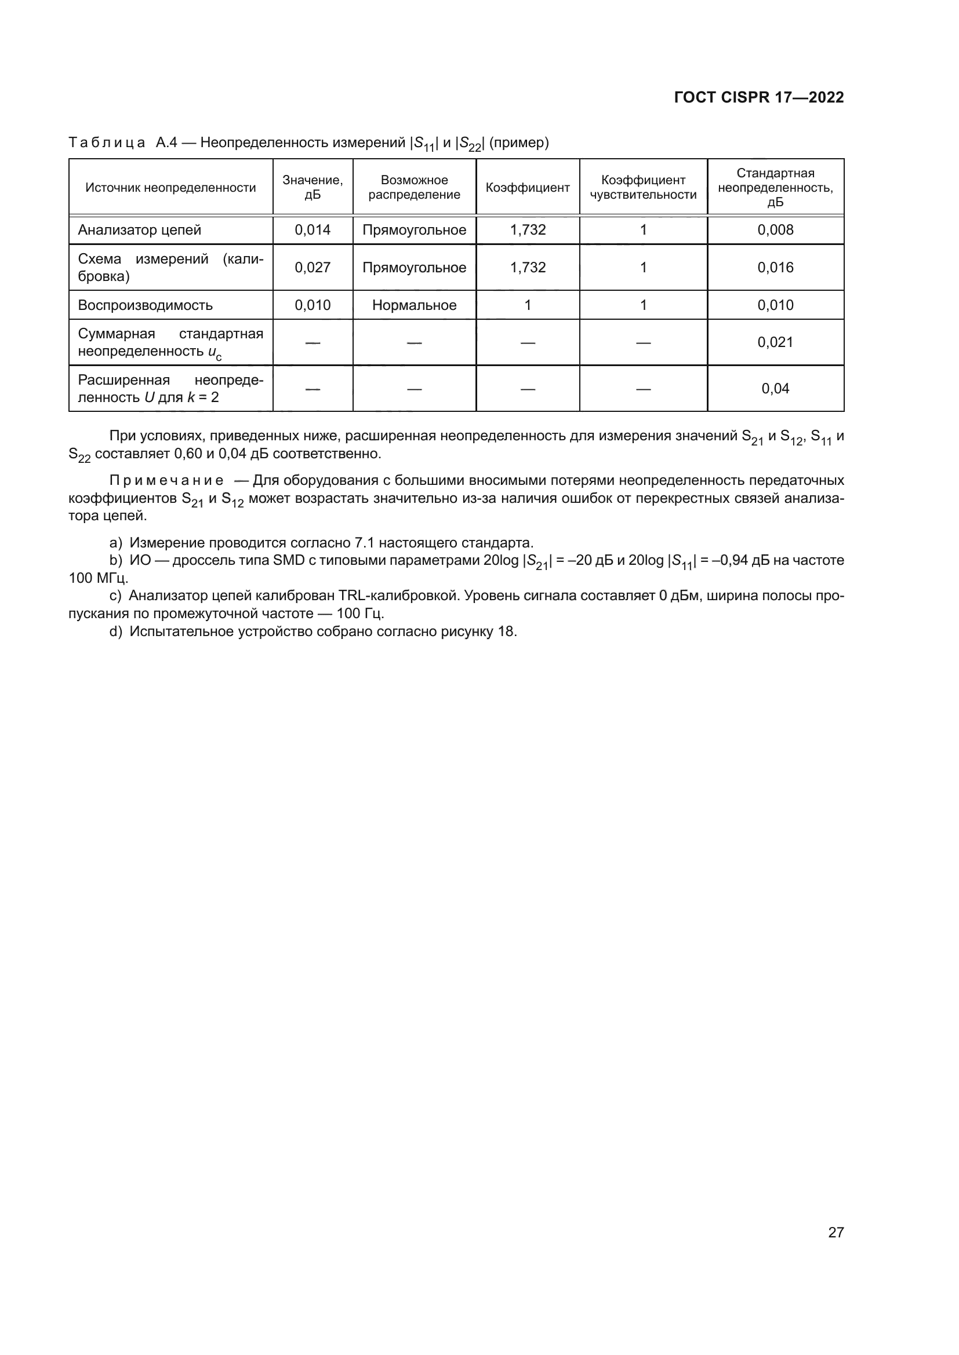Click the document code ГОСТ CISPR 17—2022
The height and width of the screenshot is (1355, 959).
tap(758, 97)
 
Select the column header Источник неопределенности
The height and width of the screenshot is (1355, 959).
tap(170, 188)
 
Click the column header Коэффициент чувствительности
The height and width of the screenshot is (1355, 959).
tap(643, 187)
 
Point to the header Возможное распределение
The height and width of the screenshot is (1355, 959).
tap(414, 187)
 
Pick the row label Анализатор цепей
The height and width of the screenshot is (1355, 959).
tap(139, 230)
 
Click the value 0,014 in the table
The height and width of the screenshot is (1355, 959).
tap(313, 230)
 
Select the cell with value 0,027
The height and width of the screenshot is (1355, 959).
tap(313, 267)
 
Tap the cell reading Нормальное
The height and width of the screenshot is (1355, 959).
tap(414, 305)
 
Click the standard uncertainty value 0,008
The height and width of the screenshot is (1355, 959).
tap(775, 230)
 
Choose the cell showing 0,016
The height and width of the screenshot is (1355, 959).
tap(775, 267)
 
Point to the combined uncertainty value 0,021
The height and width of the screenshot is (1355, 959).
tap(775, 342)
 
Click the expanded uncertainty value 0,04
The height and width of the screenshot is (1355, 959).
tap(775, 388)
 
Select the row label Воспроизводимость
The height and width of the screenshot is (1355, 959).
tap(146, 305)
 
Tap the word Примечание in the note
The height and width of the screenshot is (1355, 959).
tap(166, 480)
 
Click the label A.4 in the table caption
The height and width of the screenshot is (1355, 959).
tap(166, 143)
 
